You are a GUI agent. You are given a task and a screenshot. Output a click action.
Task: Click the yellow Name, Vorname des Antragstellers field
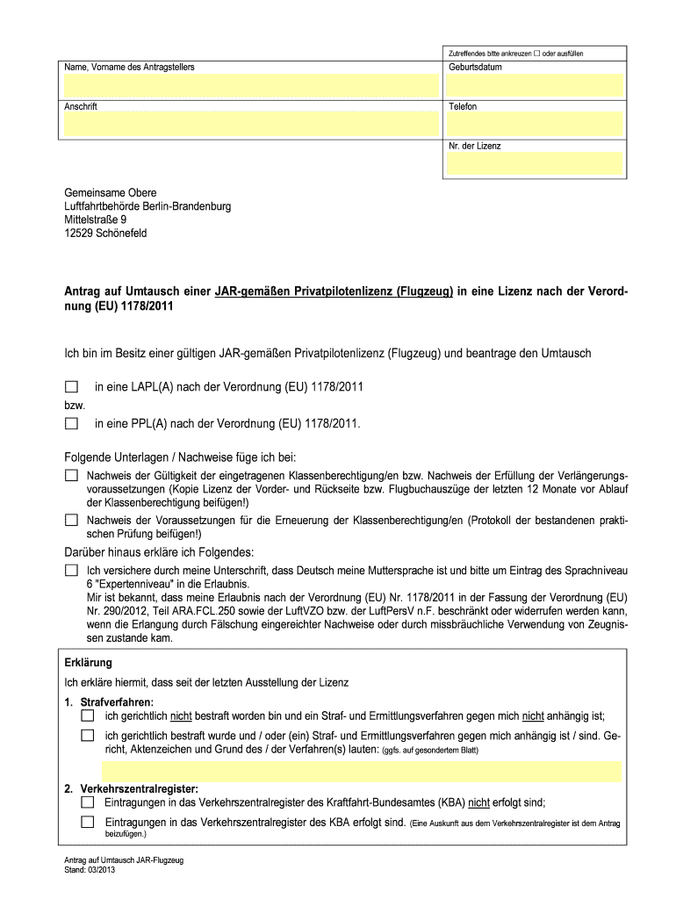[x=249, y=84]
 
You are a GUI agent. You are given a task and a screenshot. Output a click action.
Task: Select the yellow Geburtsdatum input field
[x=535, y=84]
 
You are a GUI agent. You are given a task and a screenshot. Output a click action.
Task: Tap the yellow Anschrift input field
[x=249, y=124]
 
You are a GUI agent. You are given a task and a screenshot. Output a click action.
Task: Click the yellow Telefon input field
[x=535, y=124]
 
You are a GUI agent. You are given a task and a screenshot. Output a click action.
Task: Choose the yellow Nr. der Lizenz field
[x=535, y=163]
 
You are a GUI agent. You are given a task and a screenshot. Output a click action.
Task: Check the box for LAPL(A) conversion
[x=71, y=386]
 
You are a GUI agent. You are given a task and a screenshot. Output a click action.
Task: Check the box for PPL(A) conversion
[x=71, y=423]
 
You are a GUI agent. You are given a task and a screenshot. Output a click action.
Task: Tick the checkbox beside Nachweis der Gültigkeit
[x=71, y=475]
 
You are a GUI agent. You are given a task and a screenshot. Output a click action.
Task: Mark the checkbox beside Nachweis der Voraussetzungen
[x=71, y=520]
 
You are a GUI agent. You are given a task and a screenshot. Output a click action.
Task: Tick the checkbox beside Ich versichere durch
[x=71, y=571]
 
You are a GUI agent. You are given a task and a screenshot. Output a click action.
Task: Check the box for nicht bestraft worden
[x=87, y=716]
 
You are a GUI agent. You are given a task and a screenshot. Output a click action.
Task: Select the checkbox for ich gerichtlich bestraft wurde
[x=87, y=736]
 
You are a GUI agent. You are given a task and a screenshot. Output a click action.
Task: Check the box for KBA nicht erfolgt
[x=87, y=802]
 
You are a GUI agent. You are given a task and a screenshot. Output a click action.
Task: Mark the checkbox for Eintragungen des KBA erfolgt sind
[x=87, y=823]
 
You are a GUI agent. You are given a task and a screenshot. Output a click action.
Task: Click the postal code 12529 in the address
[x=79, y=234]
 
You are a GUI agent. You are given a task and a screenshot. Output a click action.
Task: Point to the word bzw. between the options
[x=74, y=406]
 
